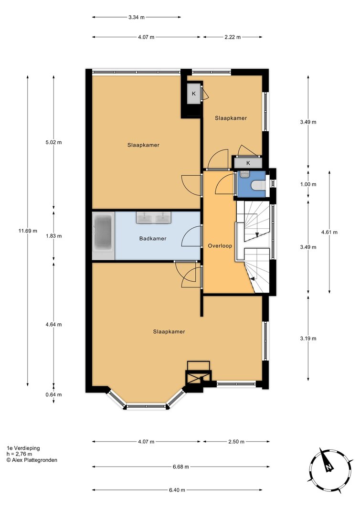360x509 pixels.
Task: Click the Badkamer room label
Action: [153, 239]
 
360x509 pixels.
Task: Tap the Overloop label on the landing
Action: [220, 246]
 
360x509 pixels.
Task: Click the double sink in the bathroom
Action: [154, 217]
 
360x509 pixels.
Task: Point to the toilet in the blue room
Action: [258, 185]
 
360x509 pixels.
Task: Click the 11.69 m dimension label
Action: [28, 231]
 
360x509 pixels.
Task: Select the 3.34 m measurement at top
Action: [137, 17]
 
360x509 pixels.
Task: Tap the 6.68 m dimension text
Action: [180, 467]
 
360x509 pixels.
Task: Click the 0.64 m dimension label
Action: [53, 395]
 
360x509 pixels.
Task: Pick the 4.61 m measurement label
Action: [329, 232]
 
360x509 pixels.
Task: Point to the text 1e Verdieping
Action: [23, 448]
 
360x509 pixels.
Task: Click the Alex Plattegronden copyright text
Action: [32, 460]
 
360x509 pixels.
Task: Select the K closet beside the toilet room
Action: [248, 163]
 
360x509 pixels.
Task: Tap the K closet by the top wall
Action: [194, 94]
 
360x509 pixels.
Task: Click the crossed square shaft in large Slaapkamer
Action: [198, 377]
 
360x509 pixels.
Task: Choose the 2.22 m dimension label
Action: [233, 37]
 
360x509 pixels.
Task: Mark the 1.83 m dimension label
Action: [53, 236]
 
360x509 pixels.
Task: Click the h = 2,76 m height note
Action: [19, 454]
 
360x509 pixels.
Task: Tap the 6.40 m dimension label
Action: [177, 490]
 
